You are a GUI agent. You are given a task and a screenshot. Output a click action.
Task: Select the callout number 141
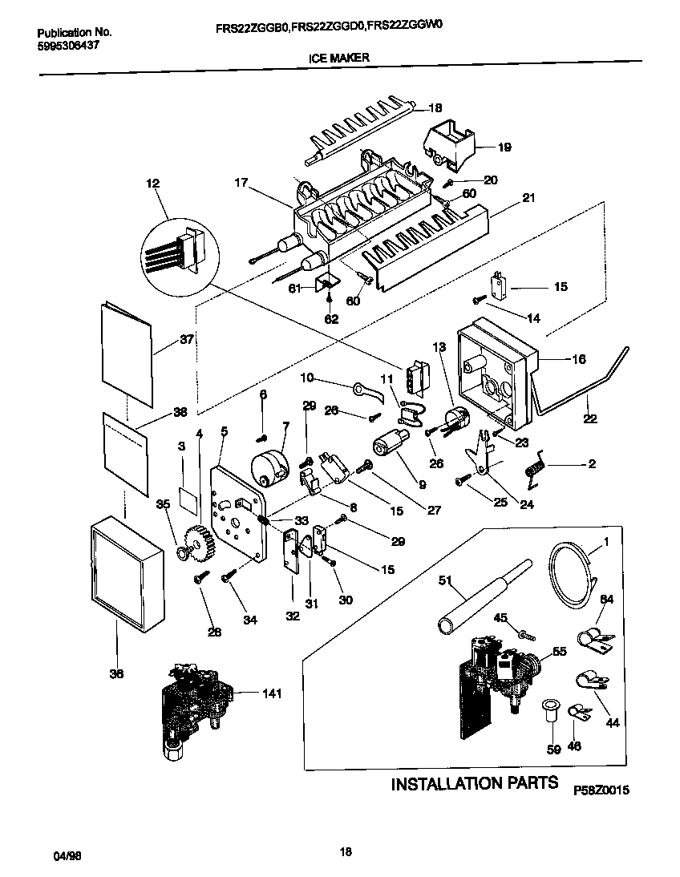click(x=273, y=694)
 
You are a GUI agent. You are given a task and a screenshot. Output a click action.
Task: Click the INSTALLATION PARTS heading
click(x=474, y=783)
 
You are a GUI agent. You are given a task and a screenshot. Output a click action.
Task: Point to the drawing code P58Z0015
click(x=601, y=790)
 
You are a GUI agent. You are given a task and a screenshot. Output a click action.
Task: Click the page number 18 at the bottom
click(x=346, y=851)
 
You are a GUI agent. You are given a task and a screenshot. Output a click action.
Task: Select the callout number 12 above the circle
click(x=153, y=184)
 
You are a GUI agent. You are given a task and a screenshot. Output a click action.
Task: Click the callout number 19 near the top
click(x=504, y=148)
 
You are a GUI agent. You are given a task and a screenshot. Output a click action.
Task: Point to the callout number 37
click(x=187, y=339)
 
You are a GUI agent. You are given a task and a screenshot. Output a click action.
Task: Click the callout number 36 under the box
click(x=116, y=674)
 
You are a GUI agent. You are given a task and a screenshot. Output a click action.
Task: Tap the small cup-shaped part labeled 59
click(x=551, y=709)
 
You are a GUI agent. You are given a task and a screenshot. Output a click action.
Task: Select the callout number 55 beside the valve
click(x=559, y=653)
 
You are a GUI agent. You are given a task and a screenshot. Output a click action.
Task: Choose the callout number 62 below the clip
click(x=331, y=318)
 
